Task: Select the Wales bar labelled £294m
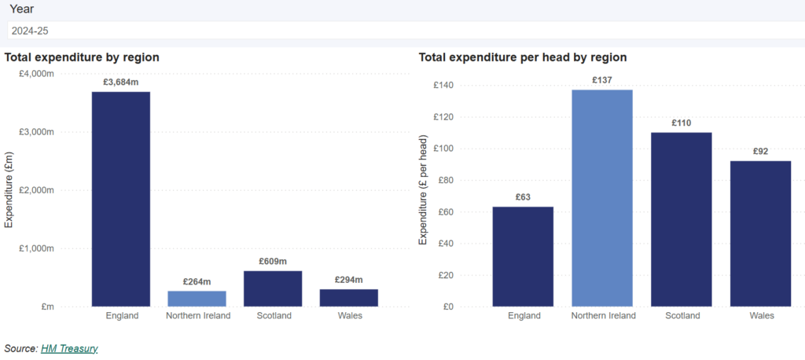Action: (348, 298)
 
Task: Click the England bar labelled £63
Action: (523, 256)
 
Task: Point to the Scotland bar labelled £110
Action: (681, 219)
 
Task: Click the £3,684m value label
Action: (121, 82)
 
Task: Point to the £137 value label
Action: (601, 80)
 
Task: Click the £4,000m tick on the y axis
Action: (36, 73)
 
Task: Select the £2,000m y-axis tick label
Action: (36, 190)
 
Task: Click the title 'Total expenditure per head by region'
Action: (522, 57)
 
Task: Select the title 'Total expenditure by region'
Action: (82, 57)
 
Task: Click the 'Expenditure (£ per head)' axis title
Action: (423, 190)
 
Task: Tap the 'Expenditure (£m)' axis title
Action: (9, 190)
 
